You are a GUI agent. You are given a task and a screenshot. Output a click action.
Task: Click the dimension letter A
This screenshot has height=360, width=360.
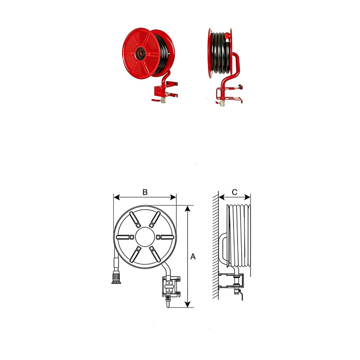[193, 256]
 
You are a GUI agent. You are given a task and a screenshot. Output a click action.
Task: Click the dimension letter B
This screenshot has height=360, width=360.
[145, 192]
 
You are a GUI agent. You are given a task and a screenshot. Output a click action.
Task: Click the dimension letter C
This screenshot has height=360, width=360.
[234, 192]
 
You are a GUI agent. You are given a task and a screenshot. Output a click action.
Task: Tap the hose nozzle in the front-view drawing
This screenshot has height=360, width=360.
[116, 277]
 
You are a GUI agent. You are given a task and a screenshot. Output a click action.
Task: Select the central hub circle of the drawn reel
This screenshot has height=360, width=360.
[145, 237]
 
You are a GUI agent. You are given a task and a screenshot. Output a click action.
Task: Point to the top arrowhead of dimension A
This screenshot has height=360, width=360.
[188, 208]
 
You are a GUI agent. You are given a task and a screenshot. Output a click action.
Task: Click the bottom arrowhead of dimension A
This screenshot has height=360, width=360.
[188, 305]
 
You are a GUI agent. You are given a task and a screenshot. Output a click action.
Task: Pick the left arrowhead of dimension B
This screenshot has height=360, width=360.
[117, 197]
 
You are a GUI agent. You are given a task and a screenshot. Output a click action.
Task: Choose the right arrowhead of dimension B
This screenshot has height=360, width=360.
[173, 197]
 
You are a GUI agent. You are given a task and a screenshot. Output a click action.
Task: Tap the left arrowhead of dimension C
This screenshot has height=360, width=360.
[221, 197]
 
